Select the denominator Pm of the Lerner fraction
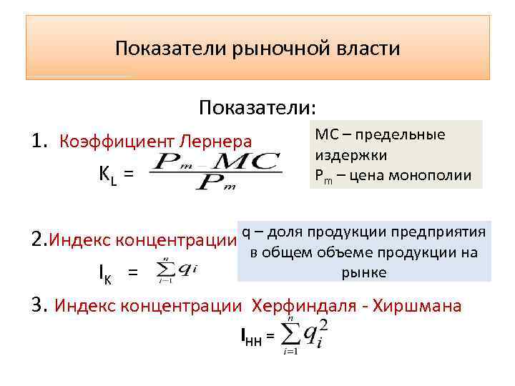pyautogui.click(x=217, y=184)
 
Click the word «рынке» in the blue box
pyautogui.click(x=363, y=272)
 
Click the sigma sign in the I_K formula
pyautogui.click(x=165, y=270)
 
